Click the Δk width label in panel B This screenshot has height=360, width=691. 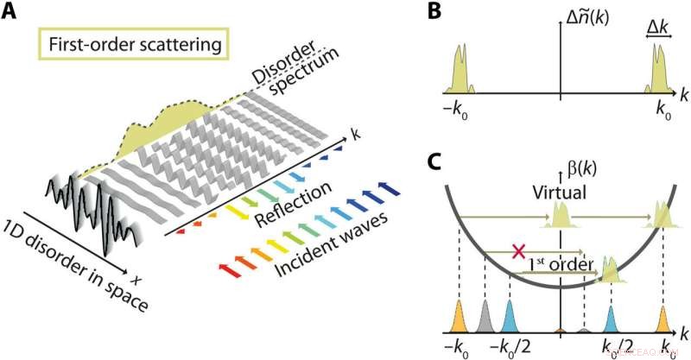tap(659, 31)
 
